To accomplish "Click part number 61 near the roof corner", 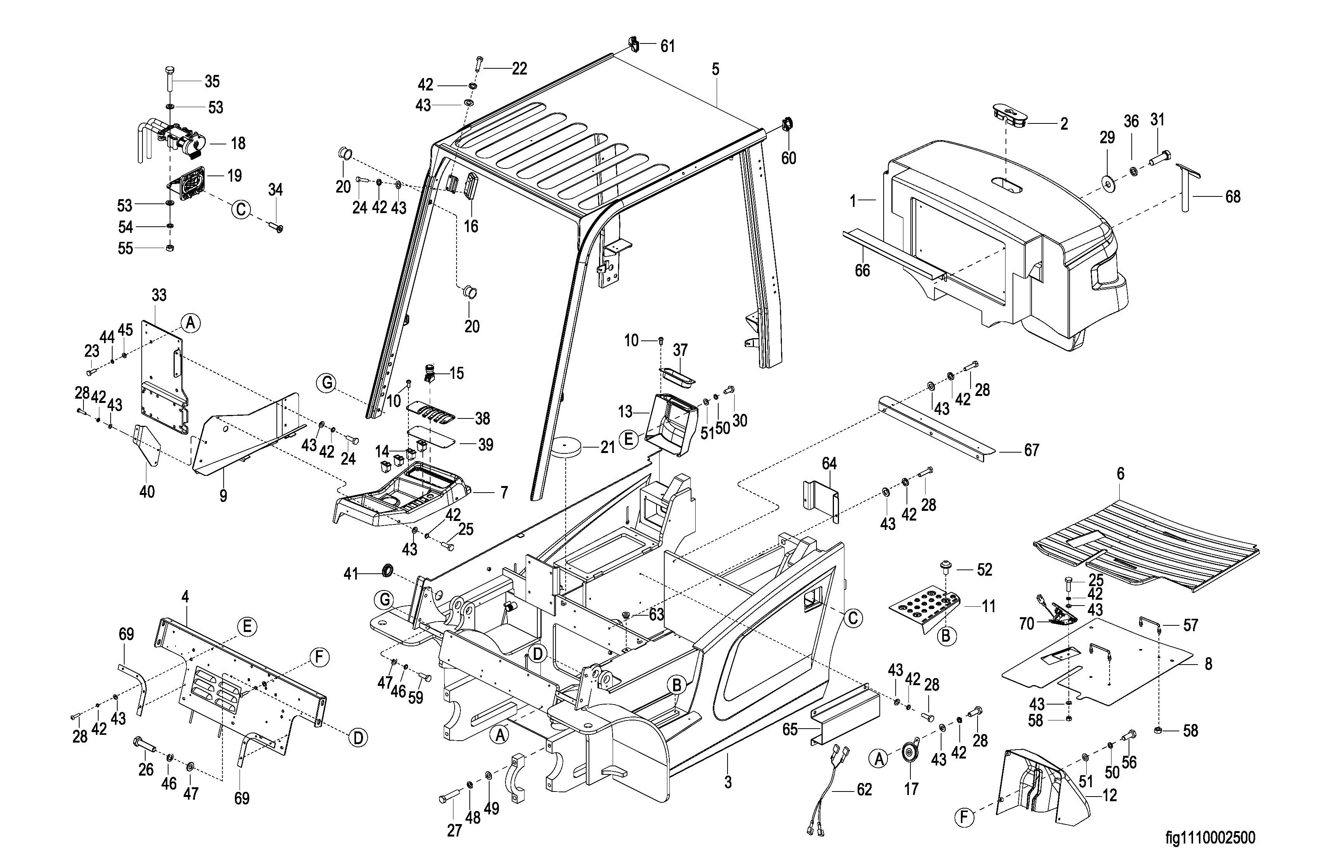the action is pos(667,46).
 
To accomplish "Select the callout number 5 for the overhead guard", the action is pos(716,69).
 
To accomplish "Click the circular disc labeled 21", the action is pos(565,446).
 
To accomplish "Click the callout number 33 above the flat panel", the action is pos(159,295).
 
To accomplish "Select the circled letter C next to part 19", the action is pos(241,210).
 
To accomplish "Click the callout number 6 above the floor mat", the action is pos(1120,474).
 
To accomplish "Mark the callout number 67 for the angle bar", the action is pos(1031,450).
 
